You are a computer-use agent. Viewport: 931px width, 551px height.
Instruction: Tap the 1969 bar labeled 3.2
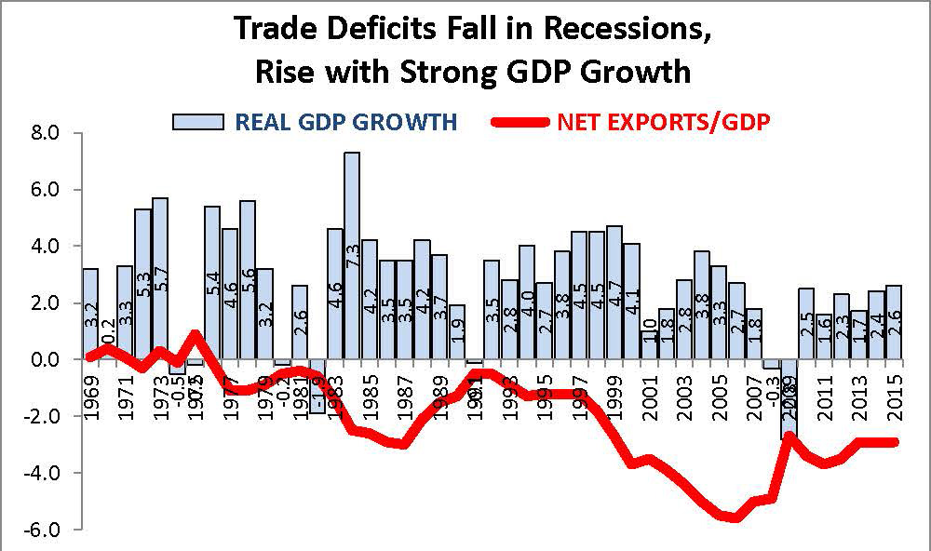tap(90, 312)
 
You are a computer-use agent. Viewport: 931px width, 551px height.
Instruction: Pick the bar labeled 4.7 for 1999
tap(614, 289)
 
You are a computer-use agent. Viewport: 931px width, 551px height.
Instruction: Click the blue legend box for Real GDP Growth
tap(197, 122)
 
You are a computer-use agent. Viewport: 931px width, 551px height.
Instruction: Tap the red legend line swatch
tap(519, 122)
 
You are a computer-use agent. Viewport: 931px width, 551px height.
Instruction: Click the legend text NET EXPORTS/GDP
tap(665, 122)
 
